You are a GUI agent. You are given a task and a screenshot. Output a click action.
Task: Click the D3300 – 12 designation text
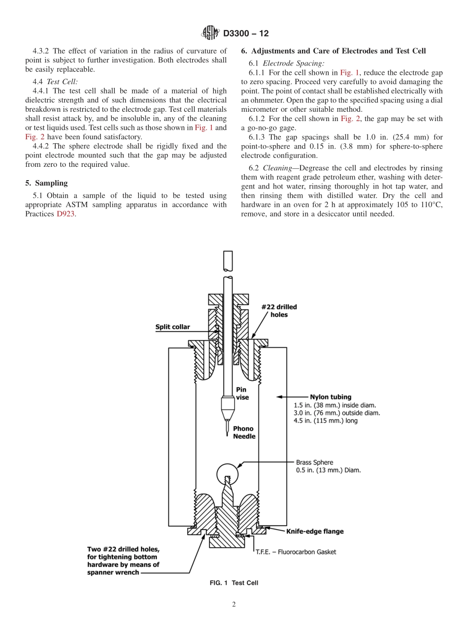click(246, 33)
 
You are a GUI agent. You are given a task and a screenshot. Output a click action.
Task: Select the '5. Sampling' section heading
click(46, 183)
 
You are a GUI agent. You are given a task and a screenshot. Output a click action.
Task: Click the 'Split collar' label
click(172, 327)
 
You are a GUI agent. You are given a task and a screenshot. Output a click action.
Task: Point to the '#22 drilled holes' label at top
click(279, 311)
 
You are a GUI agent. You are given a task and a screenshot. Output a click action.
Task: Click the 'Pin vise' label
click(242, 393)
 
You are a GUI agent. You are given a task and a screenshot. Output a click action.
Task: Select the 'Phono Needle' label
click(244, 433)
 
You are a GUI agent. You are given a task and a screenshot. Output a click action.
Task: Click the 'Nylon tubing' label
click(331, 397)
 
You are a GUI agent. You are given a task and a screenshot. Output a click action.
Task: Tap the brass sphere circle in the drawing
click(227, 474)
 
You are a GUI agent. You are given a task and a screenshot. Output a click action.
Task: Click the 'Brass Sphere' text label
click(314, 463)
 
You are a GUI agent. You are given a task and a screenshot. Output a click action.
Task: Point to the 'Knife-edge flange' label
click(315, 532)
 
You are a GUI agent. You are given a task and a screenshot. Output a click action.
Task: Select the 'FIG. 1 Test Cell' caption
click(234, 583)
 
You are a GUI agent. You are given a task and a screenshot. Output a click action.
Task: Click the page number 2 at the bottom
click(234, 605)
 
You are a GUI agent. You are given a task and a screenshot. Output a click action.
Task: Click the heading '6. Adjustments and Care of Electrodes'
click(334, 51)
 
